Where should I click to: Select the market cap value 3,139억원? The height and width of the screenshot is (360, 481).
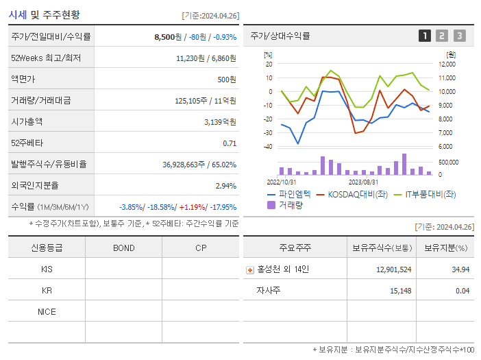220,121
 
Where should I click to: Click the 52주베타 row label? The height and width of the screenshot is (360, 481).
25,143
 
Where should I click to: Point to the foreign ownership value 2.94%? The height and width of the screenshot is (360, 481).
225,185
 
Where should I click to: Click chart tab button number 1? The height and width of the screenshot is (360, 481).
425,36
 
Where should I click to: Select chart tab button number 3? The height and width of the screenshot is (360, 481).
459,36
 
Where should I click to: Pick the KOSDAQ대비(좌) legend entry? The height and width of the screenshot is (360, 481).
355,194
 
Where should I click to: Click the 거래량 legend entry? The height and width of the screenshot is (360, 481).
290,204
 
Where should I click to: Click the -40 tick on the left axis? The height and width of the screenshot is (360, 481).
268,147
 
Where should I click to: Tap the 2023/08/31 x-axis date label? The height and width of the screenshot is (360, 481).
364,182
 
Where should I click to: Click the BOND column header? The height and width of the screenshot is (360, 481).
123,248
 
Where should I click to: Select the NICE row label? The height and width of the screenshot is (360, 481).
47,311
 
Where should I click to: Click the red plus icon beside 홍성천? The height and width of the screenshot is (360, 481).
250,269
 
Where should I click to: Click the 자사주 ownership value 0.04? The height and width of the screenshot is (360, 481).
462,291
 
